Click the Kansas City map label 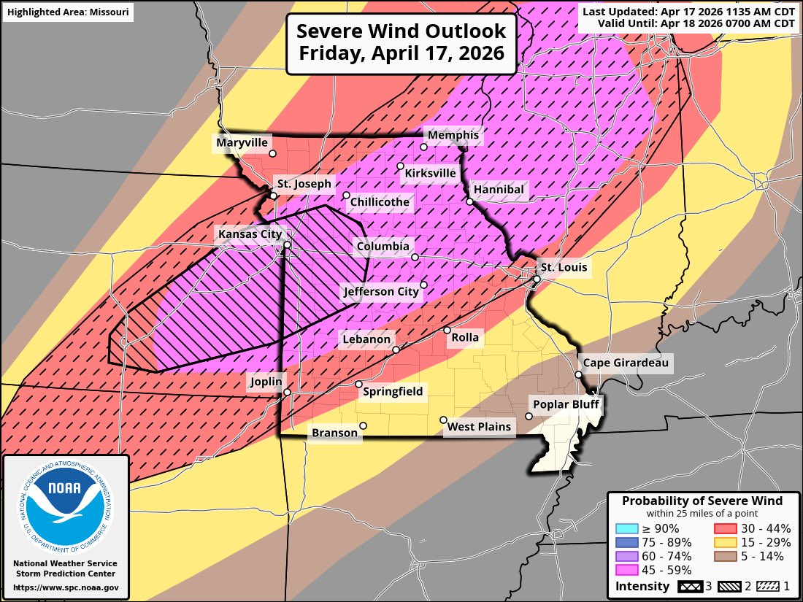247,234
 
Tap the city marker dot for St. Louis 537,279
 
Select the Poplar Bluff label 564,404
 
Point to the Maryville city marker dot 272,154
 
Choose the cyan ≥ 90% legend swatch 626,529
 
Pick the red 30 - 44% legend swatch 724,529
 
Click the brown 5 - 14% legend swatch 724,557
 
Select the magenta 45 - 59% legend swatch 626,571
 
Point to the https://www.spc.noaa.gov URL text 66,587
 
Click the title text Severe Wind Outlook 401,32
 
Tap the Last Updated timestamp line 688,11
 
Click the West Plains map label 480,426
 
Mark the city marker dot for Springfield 358,385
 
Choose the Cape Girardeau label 626,363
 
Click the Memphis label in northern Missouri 453,135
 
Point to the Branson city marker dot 363,426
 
